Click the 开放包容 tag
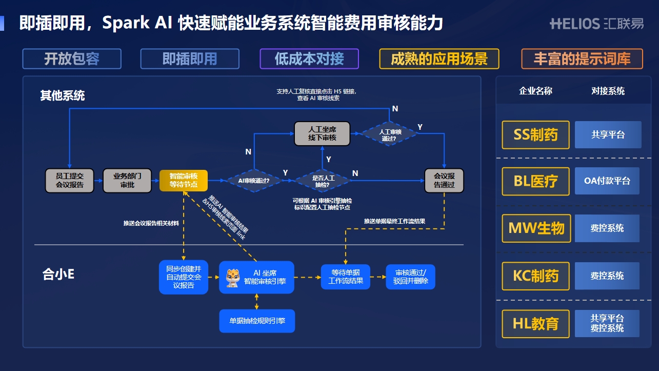coord(72,59)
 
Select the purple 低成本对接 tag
coord(309,59)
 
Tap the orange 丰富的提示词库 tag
coord(582,59)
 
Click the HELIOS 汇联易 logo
coord(596,24)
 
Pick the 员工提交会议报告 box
coord(70,180)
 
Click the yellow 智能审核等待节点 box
coord(184,180)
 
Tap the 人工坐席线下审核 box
coord(322,133)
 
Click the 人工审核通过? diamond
coord(390,134)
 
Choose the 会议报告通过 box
coord(444,180)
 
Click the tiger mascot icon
coord(233,277)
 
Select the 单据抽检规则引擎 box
coord(257,321)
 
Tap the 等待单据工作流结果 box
coord(345,277)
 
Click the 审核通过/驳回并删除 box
coord(410,277)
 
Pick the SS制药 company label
coord(535,135)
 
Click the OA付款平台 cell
coord(607,181)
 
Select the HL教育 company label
coord(535,324)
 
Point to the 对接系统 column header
coord(608,91)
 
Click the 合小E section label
coord(58,275)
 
